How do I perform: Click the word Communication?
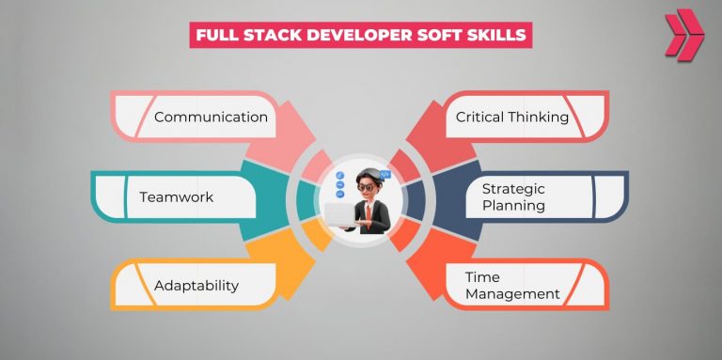click(211, 117)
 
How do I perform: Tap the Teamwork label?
click(176, 197)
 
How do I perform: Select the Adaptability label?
click(196, 285)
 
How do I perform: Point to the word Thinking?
click(539, 117)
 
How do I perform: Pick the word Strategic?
click(512, 189)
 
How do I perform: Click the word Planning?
click(512, 206)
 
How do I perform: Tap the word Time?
click(482, 277)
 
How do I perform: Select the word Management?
click(512, 294)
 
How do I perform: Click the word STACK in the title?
click(268, 36)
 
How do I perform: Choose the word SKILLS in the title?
click(498, 36)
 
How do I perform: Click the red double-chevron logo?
click(683, 36)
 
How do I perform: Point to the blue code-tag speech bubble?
click(385, 174)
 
